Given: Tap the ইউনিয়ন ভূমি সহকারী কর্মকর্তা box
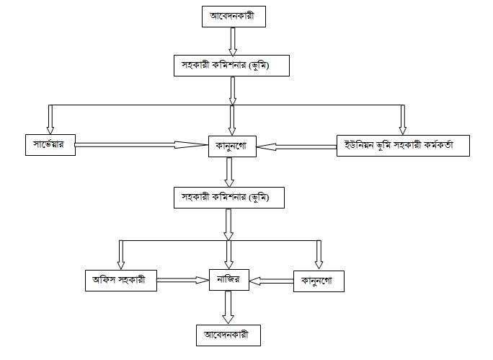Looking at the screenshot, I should [404, 146].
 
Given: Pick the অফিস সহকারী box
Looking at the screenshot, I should [120, 280].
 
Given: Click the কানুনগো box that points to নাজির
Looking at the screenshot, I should [319, 281].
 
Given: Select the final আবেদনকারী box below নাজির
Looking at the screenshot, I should [228, 335].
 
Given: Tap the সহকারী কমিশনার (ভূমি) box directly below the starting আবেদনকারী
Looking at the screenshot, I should [232, 66].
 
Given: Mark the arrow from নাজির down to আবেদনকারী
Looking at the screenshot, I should [228, 309].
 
